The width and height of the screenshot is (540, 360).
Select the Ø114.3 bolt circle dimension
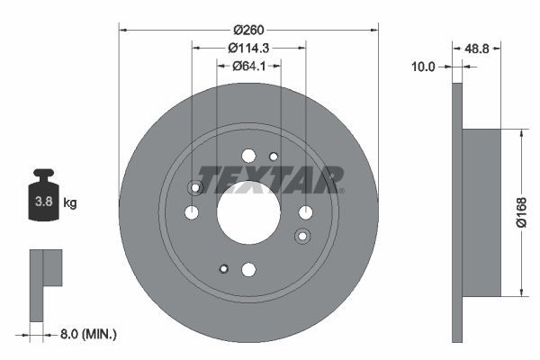(248, 46)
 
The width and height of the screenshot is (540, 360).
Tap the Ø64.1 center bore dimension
(248, 66)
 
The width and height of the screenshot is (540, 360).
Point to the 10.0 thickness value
(423, 67)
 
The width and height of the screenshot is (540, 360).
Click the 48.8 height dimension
(478, 49)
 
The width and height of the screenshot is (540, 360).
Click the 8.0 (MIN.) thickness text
(86, 334)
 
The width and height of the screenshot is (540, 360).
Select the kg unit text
(69, 203)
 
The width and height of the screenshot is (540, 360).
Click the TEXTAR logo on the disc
(269, 179)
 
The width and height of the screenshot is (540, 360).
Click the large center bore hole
(248, 212)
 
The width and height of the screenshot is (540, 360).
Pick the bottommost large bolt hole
(248, 269)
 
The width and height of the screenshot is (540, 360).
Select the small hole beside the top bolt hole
(274, 157)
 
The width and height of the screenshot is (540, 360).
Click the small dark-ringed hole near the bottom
(223, 267)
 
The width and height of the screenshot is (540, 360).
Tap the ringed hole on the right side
(302, 236)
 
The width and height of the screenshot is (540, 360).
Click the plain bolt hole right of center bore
(305, 212)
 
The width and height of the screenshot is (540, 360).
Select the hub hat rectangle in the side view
(481, 212)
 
